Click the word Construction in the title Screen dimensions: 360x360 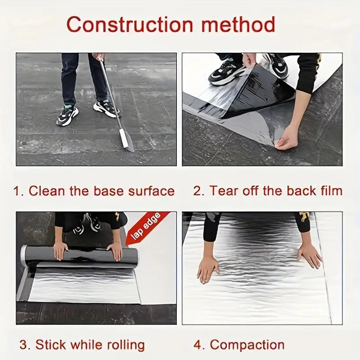130,25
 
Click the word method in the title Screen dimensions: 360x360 238,24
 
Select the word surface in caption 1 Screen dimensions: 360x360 151,191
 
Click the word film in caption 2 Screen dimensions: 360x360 331,191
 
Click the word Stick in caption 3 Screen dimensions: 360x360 51,345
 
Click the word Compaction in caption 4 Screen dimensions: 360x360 247,345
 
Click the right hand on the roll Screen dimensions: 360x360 116,252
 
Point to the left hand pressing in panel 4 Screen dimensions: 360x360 208,270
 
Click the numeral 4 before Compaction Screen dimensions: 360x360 198,345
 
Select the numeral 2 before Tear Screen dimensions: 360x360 197,191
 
